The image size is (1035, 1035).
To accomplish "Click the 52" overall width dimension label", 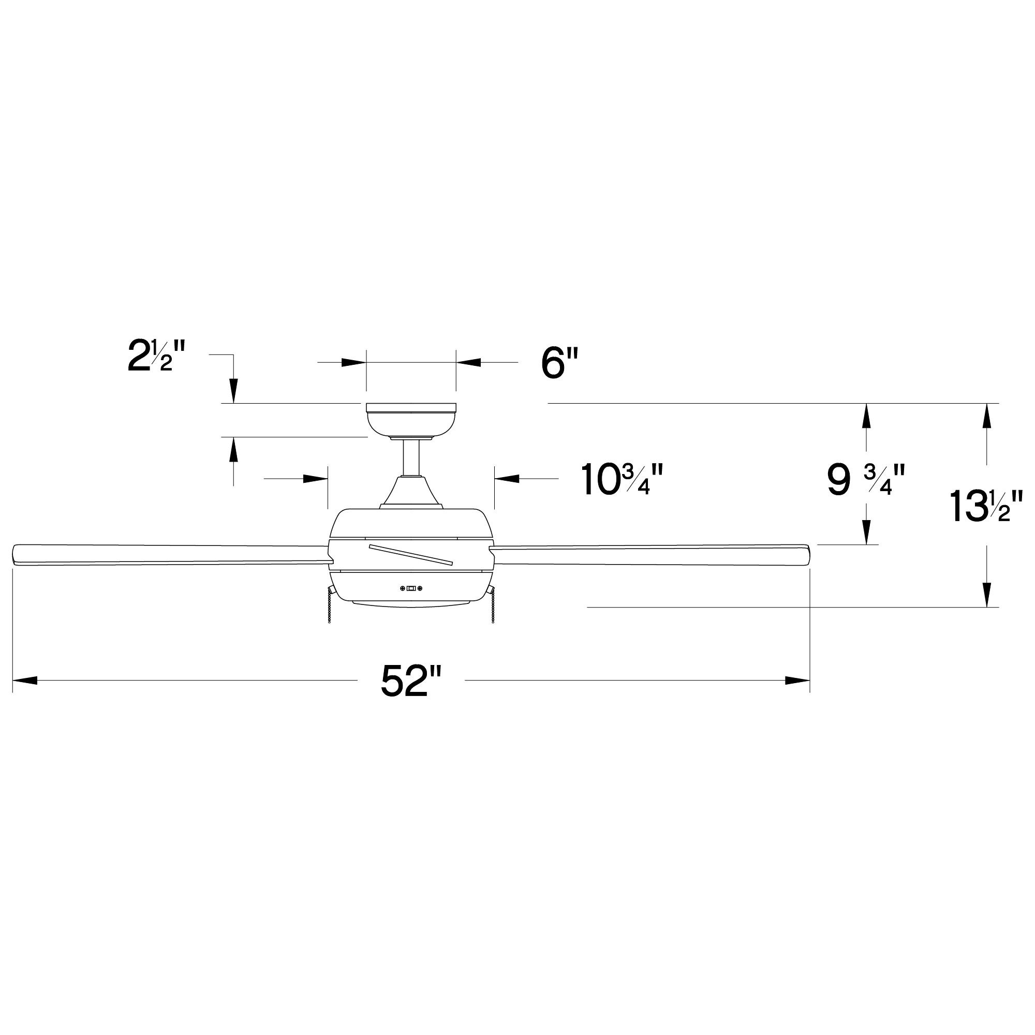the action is coord(411,681).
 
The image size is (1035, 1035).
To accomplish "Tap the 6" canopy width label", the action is coord(560,363).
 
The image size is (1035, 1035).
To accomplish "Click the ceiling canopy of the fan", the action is coord(411,420).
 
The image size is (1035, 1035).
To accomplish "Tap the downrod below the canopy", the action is coord(411,457).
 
